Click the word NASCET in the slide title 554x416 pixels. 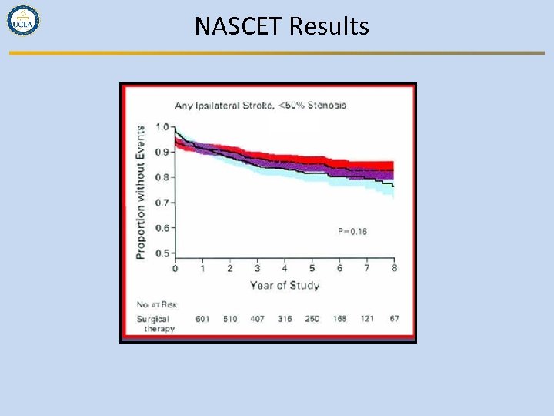239,27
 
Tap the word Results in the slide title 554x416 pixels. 329,27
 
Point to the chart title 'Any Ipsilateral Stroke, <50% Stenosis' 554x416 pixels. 260,105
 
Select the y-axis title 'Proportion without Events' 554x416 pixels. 141,192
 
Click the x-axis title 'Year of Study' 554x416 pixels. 284,286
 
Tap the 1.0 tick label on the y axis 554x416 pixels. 163,127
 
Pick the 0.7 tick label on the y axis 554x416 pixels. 163,203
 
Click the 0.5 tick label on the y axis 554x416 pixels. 163,253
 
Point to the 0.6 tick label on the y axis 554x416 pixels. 163,228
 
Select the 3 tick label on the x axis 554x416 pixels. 257,268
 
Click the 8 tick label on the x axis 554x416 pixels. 394,268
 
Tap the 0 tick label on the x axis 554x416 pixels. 175,268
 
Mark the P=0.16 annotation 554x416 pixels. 352,231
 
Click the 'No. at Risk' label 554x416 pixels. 157,304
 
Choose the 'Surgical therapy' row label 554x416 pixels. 156,324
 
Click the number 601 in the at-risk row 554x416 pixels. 202,319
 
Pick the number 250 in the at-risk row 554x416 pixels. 311,319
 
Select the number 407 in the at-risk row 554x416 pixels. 257,319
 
